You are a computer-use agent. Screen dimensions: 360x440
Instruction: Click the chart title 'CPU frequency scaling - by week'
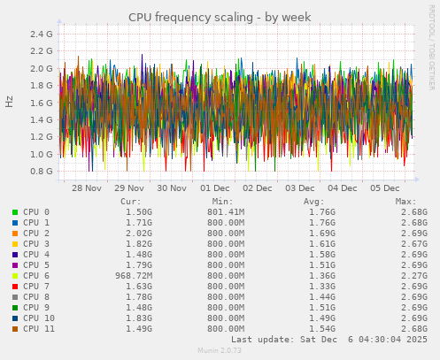pyautogui.click(x=220, y=17)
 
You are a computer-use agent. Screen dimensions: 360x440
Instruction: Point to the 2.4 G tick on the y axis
pyautogui.click(x=42, y=34)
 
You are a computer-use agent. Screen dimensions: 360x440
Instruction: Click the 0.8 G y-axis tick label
pyautogui.click(x=42, y=172)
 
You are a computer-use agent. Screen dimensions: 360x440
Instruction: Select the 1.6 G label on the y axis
pyautogui.click(x=42, y=103)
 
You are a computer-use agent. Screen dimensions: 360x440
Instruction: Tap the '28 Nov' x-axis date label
pyautogui.click(x=87, y=188)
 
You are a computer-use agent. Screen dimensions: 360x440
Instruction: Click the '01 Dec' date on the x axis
pyautogui.click(x=215, y=188)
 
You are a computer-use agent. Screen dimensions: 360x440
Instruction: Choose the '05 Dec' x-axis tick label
pyautogui.click(x=385, y=188)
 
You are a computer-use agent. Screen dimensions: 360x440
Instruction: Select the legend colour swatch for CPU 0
pyautogui.click(x=15, y=212)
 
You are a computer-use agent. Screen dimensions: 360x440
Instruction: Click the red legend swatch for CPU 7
pyautogui.click(x=15, y=287)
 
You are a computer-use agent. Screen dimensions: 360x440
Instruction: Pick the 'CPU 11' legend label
pyautogui.click(x=39, y=329)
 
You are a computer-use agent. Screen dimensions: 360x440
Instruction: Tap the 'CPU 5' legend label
pyautogui.click(x=36, y=265)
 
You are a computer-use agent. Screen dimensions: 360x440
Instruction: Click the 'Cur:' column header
pyautogui.click(x=130, y=201)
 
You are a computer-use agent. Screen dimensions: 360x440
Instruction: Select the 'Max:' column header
pyautogui.click(x=406, y=201)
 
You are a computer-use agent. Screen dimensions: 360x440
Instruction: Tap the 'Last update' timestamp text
pyautogui.click(x=329, y=340)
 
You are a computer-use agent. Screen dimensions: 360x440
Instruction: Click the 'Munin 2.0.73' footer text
pyautogui.click(x=220, y=351)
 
